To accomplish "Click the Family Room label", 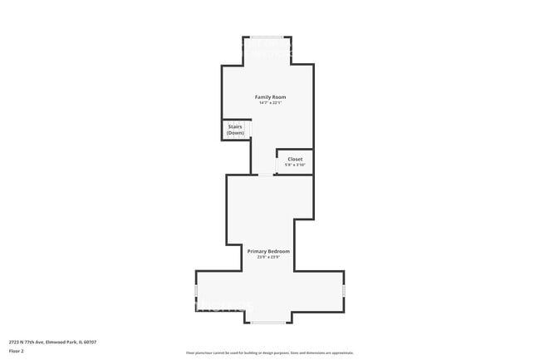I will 268,97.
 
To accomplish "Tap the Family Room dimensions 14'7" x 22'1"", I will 268,103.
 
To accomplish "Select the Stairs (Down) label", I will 235,130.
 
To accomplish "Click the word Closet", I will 295,159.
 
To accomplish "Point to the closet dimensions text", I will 295,165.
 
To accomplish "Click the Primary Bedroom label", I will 268,251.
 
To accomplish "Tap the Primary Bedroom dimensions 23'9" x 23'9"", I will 268,257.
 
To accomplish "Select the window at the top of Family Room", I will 268,37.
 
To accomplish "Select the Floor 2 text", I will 17,351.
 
